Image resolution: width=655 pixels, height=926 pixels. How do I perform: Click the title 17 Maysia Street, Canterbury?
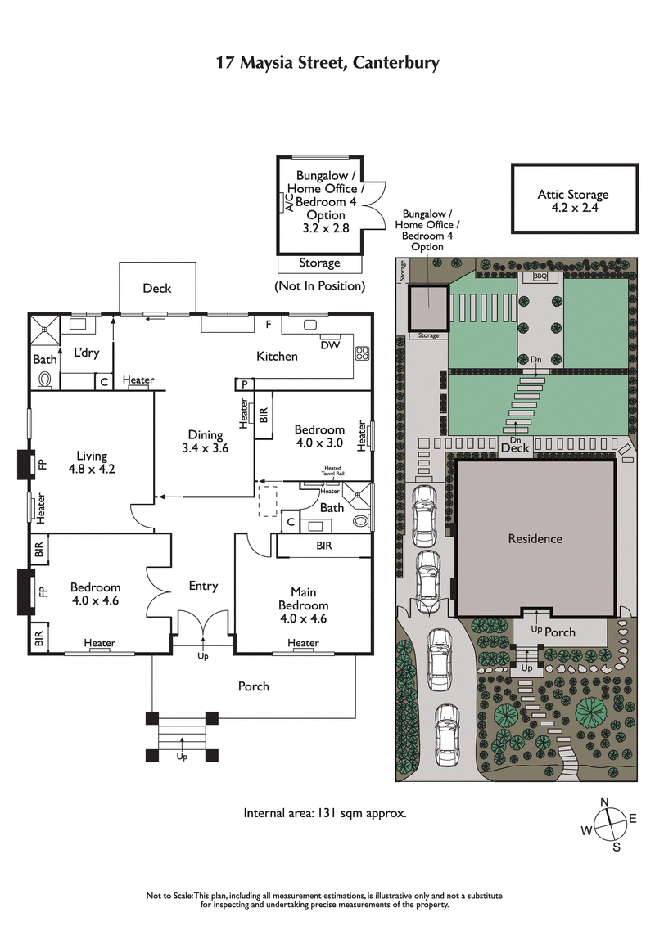pos(327,62)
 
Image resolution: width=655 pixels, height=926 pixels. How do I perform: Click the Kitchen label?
pos(277,356)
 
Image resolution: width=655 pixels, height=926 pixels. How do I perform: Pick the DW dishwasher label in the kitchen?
pos(330,345)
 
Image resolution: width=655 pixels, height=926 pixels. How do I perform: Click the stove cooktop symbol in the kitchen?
pos(362,353)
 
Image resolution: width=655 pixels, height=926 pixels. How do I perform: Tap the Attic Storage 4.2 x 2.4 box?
pos(573,200)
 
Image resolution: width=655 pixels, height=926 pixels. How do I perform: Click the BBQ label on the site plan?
pos(539,277)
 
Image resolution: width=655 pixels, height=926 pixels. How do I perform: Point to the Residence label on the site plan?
pos(535,538)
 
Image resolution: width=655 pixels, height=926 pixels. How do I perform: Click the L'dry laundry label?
pos(86,353)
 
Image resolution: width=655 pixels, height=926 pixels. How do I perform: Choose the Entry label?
pos(203,586)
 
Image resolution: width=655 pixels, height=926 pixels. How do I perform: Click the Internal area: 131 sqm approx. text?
pos(324,813)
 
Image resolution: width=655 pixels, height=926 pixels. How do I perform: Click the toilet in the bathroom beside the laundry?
pos(45,380)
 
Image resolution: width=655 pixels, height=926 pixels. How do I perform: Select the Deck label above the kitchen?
pos(157,288)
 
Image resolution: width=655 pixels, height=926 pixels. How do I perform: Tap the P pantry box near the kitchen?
pos(244,384)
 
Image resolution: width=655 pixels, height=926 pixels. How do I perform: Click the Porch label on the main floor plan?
pos(253,686)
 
